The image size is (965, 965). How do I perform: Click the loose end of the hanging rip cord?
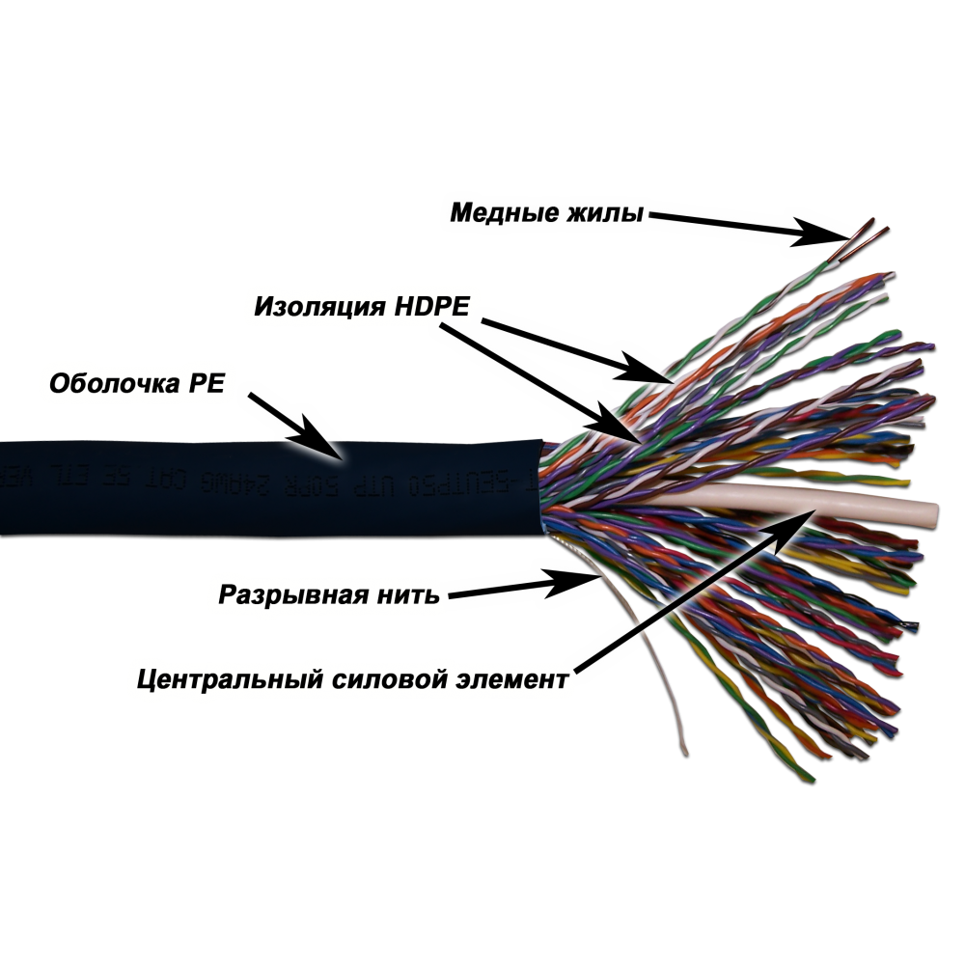click(684, 750)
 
